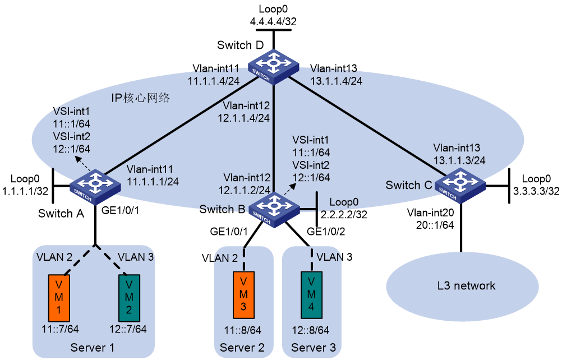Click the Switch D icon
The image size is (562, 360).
tap(274, 67)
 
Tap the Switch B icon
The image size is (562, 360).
tap(274, 210)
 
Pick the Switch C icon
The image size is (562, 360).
tap(460, 186)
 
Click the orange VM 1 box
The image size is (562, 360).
tap(59, 298)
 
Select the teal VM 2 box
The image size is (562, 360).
tap(129, 298)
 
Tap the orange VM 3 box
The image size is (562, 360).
tap(243, 295)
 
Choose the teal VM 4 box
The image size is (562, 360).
tap(311, 295)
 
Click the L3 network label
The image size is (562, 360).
tap(466, 285)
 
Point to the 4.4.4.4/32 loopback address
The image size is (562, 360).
tap(273, 21)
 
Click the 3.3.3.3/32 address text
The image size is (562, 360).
tap(536, 191)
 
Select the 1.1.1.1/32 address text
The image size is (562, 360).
tap(25, 191)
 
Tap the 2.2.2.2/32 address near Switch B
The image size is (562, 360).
tap(344, 215)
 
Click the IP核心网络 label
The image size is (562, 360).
tap(140, 98)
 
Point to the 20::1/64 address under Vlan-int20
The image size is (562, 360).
tap(435, 225)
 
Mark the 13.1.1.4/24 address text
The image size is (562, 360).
tap(336, 81)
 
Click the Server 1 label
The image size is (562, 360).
tap(93, 348)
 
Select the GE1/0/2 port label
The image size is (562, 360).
tap(326, 232)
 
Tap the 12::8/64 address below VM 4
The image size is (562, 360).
tap(310, 330)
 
